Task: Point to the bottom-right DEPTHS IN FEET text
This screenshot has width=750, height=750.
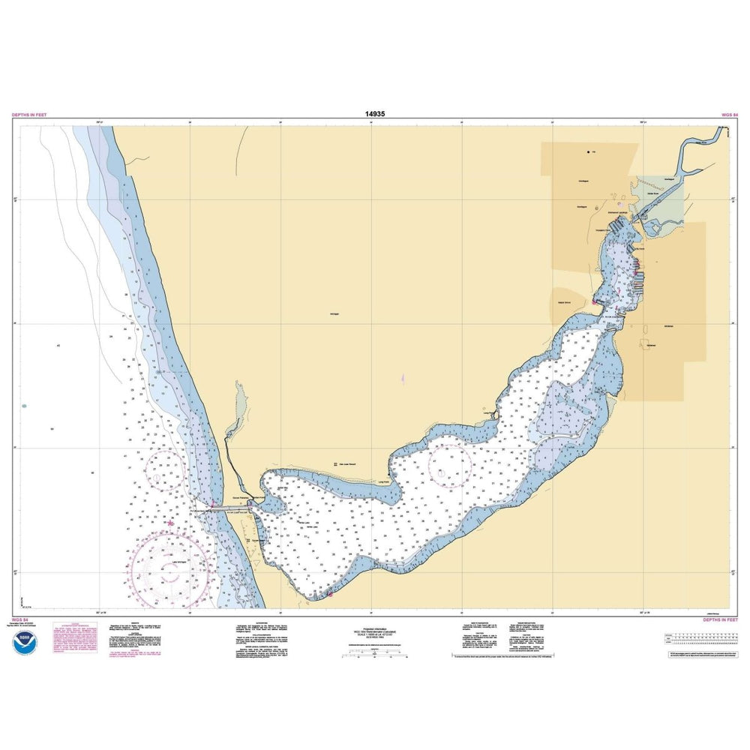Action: (x=720, y=620)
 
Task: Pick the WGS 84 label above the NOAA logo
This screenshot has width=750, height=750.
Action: (x=21, y=620)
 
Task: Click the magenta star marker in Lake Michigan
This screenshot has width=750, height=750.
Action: (x=171, y=523)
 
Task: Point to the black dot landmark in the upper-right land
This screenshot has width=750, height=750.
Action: (x=587, y=151)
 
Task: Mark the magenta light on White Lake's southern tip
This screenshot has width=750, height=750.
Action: (x=328, y=594)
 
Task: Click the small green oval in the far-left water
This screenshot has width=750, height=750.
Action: (x=25, y=406)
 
